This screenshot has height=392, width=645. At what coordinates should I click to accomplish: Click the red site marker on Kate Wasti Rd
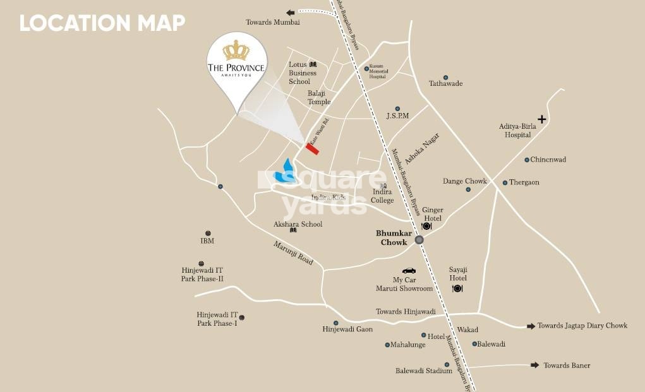pyautogui.click(x=312, y=149)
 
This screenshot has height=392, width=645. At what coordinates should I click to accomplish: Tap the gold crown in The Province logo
pyautogui.click(x=236, y=50)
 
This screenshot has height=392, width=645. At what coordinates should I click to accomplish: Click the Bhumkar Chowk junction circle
pyautogui.click(x=419, y=239)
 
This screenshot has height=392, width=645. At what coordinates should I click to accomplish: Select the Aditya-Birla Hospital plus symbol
pyautogui.click(x=541, y=119)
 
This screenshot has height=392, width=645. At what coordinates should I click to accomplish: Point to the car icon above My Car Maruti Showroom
pyautogui.click(x=409, y=270)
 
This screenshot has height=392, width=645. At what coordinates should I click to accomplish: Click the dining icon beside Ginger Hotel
pyautogui.click(x=426, y=226)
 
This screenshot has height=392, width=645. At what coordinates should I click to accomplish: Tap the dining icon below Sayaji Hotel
pyautogui.click(x=457, y=288)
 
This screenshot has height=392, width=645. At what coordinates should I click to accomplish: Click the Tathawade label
pyautogui.click(x=445, y=83)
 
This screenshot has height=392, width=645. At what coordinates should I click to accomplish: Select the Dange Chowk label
pyautogui.click(x=464, y=181)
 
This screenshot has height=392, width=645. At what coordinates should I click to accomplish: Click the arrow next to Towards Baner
pyautogui.click(x=534, y=365)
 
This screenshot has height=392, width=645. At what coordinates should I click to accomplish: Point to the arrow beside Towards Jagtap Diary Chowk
pyautogui.click(x=531, y=326)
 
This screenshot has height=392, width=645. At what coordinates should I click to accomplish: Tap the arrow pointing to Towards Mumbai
pyautogui.click(x=291, y=13)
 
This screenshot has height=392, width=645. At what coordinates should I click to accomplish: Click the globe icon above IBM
pyautogui.click(x=208, y=233)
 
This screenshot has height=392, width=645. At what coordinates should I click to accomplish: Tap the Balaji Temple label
pyautogui.click(x=319, y=97)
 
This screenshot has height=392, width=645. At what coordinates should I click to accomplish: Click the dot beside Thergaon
pyautogui.click(x=505, y=183)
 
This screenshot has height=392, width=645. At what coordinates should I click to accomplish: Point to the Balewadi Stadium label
pyautogui.click(x=423, y=371)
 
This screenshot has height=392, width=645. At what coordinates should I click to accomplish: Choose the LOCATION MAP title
pyautogui.click(x=102, y=23)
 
